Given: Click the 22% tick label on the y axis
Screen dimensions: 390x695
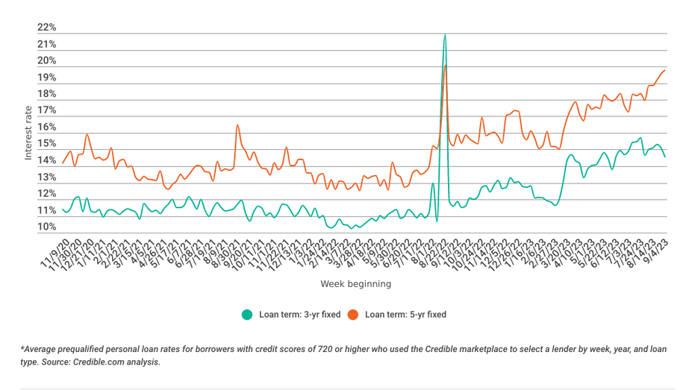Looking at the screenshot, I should click(x=46, y=28).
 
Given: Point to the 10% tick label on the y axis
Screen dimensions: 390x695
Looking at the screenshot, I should click(x=46, y=227).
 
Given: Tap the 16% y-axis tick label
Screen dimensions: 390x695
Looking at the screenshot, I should click(x=46, y=128).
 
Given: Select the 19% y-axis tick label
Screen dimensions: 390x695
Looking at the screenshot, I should click(x=46, y=78).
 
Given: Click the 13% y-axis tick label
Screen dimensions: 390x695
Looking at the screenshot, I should click(x=46, y=177).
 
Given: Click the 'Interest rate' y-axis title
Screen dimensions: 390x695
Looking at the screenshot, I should click(x=28, y=133).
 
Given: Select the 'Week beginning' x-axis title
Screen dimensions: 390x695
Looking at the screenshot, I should click(x=355, y=284).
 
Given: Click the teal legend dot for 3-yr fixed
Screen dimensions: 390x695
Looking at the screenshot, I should click(x=247, y=315).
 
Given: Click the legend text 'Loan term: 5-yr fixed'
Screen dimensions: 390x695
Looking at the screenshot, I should click(x=405, y=315).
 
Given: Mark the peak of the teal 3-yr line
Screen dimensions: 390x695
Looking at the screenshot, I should click(x=445, y=34).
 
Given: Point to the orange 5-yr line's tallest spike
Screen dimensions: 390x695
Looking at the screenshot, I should click(x=446, y=66).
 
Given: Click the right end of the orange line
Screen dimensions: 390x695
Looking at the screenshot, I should click(x=664, y=70).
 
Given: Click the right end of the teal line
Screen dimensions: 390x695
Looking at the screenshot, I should click(x=664, y=156).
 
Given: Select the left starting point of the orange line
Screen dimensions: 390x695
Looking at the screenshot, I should click(x=63, y=162).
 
